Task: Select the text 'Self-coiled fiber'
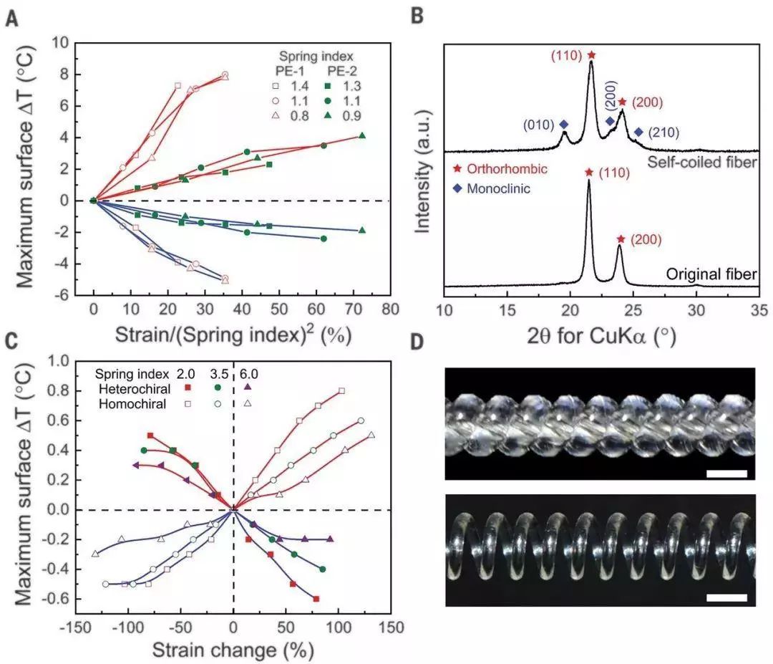tap(702, 163)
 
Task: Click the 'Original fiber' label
tap(711, 274)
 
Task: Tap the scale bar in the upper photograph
tap(726, 473)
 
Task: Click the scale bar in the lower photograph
tap(726, 597)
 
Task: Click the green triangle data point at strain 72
tap(362, 136)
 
